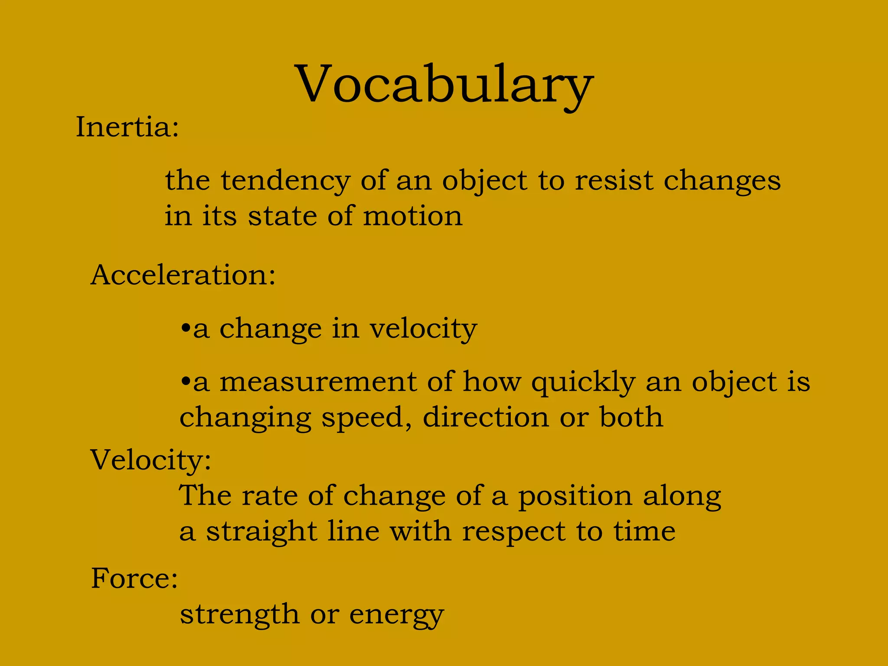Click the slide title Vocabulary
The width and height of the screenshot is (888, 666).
tap(444, 85)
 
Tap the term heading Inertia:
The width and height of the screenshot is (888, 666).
tap(127, 127)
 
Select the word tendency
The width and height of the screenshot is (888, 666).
tap(286, 181)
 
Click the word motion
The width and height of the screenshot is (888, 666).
tap(413, 216)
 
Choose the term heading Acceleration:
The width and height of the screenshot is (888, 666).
tap(183, 275)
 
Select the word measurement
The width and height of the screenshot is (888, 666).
tap(318, 382)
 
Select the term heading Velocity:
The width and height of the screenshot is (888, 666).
tap(151, 460)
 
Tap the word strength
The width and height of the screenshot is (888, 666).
tap(239, 615)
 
